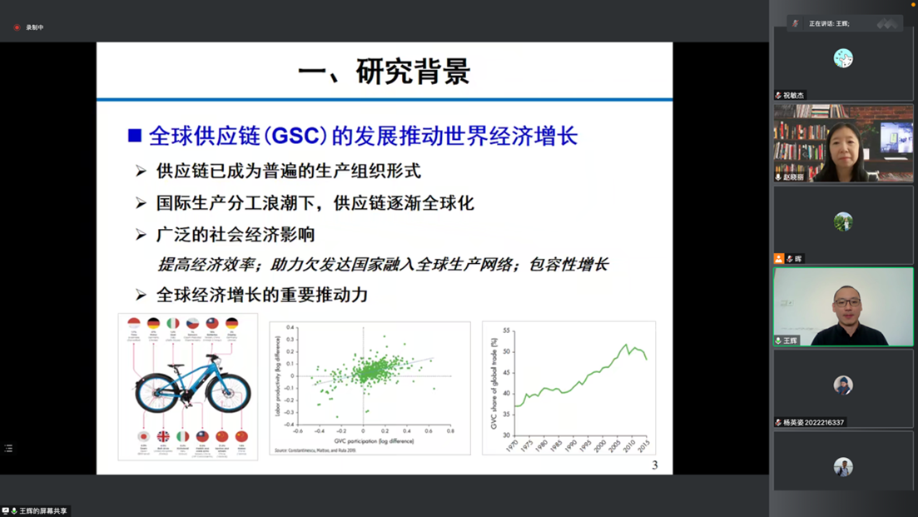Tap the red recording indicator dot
point(17,27)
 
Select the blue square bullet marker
point(135,136)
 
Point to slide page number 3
point(655,465)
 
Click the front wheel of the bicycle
point(229,392)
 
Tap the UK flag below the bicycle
point(163,436)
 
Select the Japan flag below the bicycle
point(143,436)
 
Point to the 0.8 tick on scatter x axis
point(450,431)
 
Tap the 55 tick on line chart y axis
point(506,331)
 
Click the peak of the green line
point(626,344)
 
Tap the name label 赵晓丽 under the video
point(794,177)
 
